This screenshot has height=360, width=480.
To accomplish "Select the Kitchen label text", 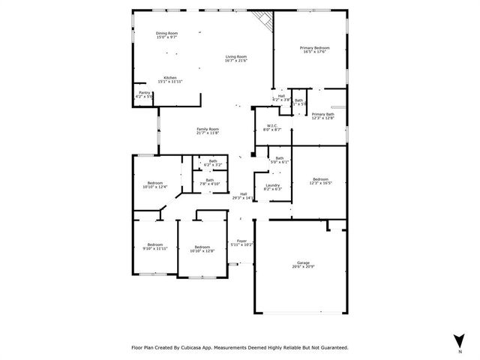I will tap(170, 78).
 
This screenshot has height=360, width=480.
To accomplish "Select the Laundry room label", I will tap(272, 187).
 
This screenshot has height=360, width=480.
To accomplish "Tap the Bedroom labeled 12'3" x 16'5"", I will tap(320, 180).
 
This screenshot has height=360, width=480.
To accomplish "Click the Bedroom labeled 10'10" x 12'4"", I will tap(155, 184).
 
